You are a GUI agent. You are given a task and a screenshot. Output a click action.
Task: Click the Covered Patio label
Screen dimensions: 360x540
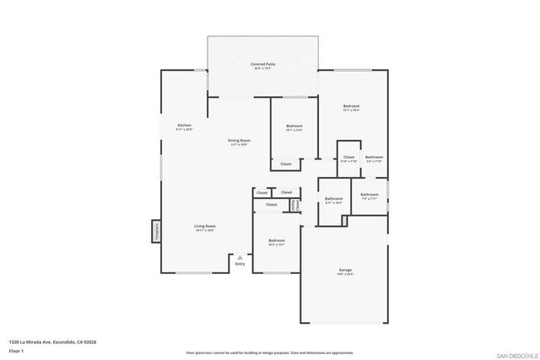coord(262,64)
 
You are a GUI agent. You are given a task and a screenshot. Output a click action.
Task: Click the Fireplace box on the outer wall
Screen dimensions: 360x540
coord(156,232)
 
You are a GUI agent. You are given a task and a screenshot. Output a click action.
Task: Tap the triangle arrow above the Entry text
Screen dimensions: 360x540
coord(240,256)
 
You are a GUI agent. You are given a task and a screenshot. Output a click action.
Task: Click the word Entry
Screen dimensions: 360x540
coord(240,264)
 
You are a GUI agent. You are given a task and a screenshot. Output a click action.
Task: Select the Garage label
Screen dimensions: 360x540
coord(345,270)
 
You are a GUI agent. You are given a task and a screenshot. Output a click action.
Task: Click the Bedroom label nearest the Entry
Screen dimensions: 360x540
coord(277,241)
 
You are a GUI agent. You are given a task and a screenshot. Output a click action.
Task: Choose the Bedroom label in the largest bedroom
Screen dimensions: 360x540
coord(351,106)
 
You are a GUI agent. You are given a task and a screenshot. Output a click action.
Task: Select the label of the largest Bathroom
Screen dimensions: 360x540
coord(333,199)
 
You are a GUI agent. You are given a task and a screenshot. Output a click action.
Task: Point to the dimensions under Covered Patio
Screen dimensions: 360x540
coord(262,69)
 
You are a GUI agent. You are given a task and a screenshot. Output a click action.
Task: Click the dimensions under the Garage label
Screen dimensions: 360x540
coord(345,275)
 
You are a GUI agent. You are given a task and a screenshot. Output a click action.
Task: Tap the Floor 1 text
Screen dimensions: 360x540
coord(16,350)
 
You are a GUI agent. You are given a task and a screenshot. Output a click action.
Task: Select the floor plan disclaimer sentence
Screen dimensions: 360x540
coord(270,353)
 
